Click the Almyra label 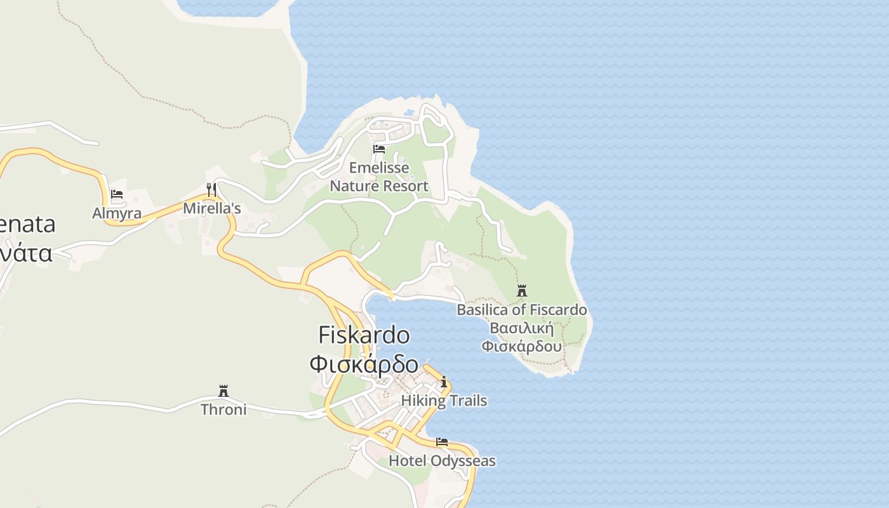click(117, 213)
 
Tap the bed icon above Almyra click(117, 194)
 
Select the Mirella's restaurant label click(212, 208)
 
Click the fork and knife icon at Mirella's click(211, 189)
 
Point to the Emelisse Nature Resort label click(379, 177)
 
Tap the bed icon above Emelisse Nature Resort click(379, 149)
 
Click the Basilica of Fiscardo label click(522, 310)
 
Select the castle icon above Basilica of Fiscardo click(522, 291)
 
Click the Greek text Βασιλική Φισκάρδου click(522, 338)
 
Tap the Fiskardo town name click(364, 335)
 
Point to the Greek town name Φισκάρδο click(364, 364)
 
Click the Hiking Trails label click(444, 401)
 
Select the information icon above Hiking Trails click(444, 382)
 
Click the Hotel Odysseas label click(442, 461)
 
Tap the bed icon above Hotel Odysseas click(442, 442)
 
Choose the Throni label click(224, 410)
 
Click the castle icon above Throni click(224, 391)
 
